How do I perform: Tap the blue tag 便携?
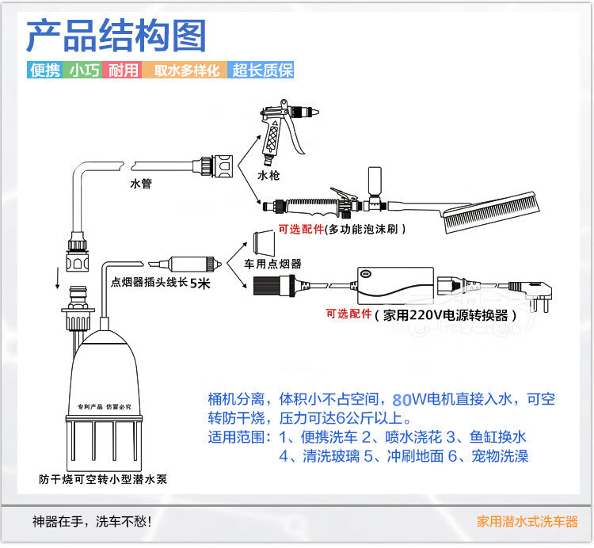pos(44,70)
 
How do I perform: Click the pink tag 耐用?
pos(124,70)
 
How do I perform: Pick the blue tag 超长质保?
pos(262,70)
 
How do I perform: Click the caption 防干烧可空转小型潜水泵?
pos(103,479)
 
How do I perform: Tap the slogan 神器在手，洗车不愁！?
pos(91,522)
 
